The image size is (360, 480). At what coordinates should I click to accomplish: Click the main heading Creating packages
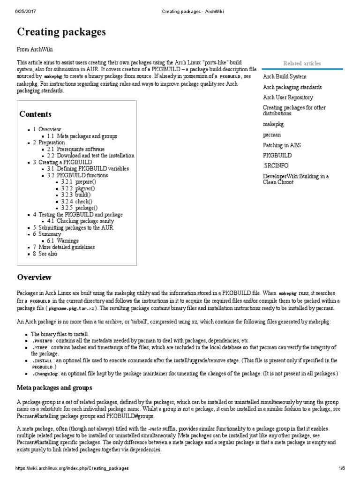[x=61, y=32]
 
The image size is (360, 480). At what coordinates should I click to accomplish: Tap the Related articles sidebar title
[x=302, y=63]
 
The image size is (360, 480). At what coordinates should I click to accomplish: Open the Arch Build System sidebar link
[x=285, y=76]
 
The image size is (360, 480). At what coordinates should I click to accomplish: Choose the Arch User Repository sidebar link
[x=288, y=97]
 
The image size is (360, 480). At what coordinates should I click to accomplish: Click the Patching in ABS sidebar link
[x=282, y=145]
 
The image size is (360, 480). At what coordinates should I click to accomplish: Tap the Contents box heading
[x=35, y=114]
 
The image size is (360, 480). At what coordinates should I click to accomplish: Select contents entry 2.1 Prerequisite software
[x=76, y=149]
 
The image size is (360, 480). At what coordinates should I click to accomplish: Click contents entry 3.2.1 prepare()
[x=78, y=181]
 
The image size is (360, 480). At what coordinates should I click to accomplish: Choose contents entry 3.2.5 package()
[x=79, y=208]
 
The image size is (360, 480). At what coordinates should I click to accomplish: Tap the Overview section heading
[x=34, y=277]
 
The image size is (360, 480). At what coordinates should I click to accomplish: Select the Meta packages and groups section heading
[x=55, y=388]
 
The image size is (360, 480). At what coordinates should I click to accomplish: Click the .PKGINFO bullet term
[x=43, y=341]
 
